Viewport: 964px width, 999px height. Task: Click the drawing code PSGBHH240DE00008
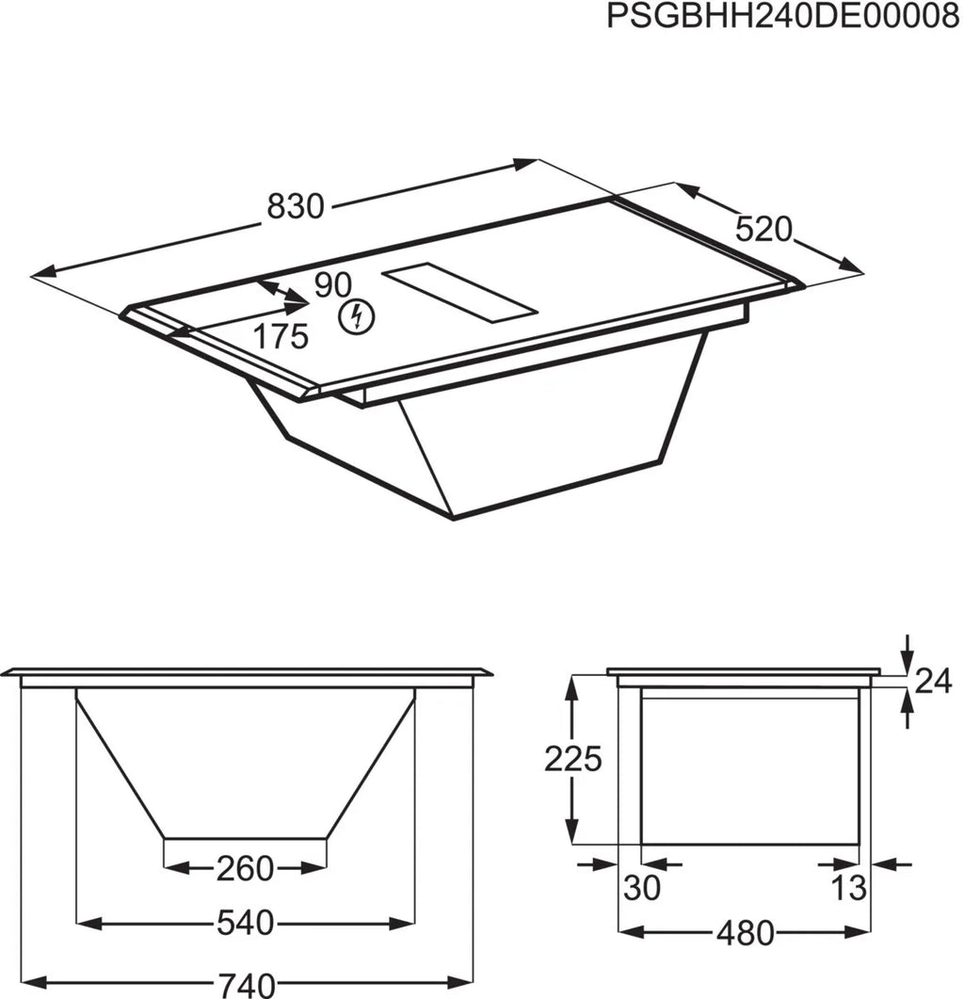coord(782,16)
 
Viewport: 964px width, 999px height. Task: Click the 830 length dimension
coord(296,206)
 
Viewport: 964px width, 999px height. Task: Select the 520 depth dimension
coord(763,230)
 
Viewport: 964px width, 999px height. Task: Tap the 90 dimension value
coord(332,285)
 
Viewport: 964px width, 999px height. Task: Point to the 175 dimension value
coord(281,336)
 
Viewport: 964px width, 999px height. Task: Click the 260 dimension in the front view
coord(246,868)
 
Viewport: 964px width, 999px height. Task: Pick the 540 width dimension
coord(246,922)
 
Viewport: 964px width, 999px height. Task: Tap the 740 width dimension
coord(247,984)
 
